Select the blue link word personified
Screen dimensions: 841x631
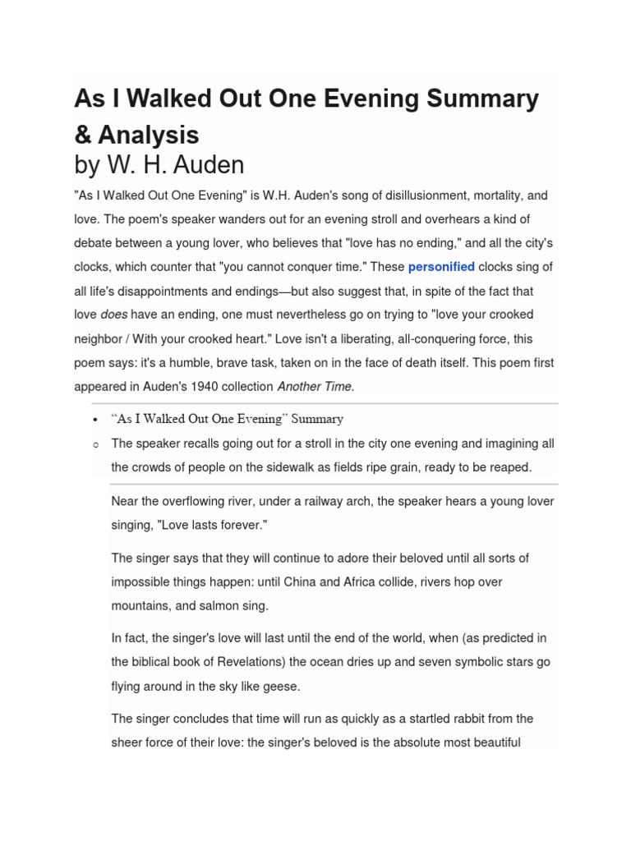click(441, 267)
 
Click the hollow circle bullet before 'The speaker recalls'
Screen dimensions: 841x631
click(96, 444)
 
